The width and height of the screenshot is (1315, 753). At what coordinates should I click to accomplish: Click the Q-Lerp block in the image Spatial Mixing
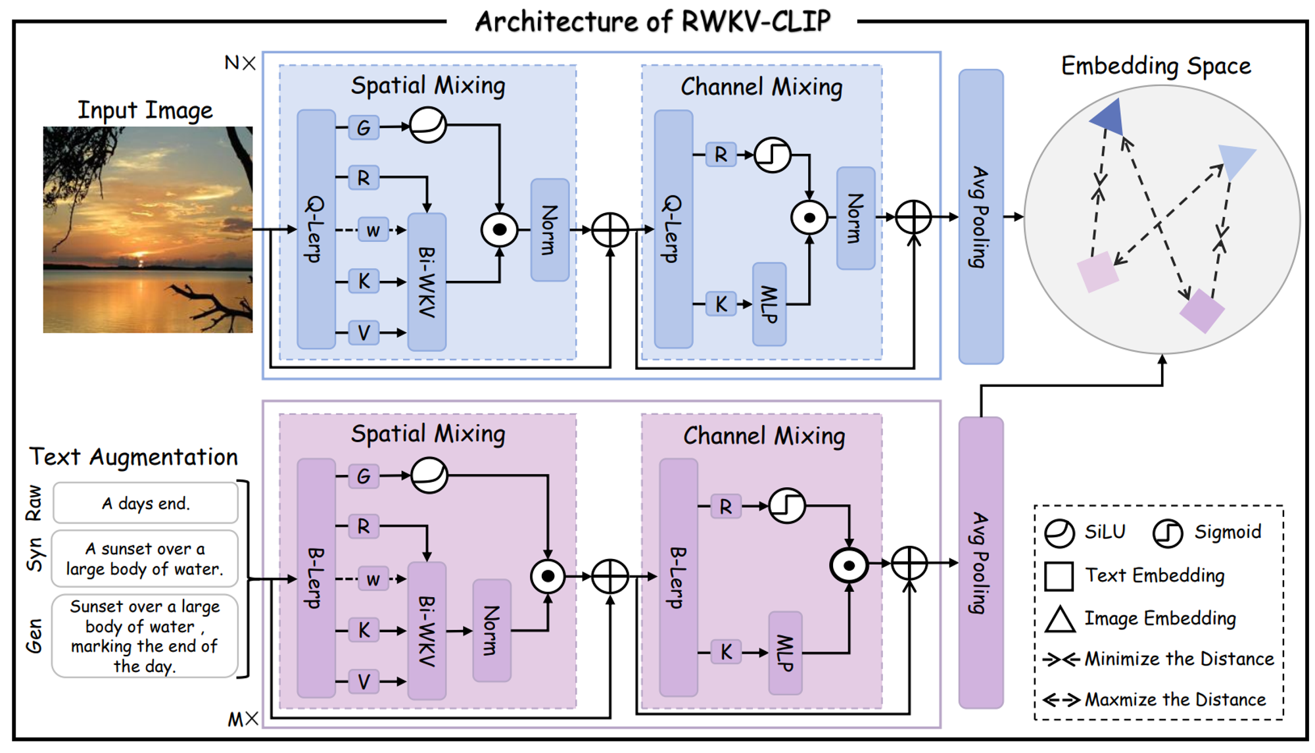pos(316,229)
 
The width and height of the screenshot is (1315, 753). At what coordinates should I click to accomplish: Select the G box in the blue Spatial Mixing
pos(364,127)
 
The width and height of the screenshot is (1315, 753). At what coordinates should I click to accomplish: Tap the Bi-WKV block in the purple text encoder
pos(427,630)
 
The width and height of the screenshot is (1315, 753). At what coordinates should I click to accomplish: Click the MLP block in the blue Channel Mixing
pos(769,304)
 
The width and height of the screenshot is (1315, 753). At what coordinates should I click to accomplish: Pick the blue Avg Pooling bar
pos(981,216)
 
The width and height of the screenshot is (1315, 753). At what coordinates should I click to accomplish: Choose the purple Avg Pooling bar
pos(981,562)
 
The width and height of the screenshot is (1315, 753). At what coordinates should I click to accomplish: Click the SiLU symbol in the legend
pos(1059,533)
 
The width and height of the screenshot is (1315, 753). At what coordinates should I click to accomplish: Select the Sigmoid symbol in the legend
pos(1168,533)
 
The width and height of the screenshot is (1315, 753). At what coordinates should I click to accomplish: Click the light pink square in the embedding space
pos(1097,272)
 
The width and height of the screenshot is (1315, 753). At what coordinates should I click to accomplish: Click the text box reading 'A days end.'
pos(145,503)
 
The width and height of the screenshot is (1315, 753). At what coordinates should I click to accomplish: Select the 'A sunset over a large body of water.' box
pos(145,558)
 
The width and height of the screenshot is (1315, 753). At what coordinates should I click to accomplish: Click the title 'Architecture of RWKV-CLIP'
pos(653,21)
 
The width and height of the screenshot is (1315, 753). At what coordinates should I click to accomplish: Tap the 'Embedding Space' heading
pos(1156,66)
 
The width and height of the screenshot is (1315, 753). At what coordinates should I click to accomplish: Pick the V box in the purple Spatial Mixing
pos(364,682)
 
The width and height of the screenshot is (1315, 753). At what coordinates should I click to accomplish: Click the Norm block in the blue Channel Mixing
pos(855,218)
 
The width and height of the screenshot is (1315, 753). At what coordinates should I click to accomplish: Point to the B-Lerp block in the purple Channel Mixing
pos(678,577)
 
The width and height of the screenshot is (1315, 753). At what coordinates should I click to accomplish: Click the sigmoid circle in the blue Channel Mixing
pos(772,155)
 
